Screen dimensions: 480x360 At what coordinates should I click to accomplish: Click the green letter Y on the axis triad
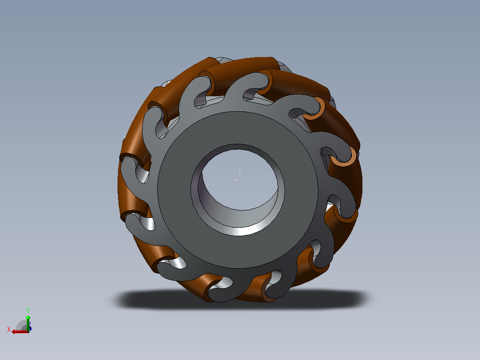(x=28, y=311)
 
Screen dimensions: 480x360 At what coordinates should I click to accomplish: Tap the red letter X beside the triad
(x=9, y=329)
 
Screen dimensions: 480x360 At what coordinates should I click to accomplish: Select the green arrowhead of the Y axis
(x=28, y=317)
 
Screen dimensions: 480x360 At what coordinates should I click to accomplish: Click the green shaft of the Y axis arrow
(x=28, y=325)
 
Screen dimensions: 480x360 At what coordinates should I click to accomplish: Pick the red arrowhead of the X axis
(x=14, y=332)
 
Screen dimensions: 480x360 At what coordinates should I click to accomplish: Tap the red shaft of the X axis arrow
(x=21, y=332)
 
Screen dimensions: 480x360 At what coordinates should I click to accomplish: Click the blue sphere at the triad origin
(x=29, y=329)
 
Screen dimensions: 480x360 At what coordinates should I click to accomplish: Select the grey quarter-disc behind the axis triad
(x=21, y=325)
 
